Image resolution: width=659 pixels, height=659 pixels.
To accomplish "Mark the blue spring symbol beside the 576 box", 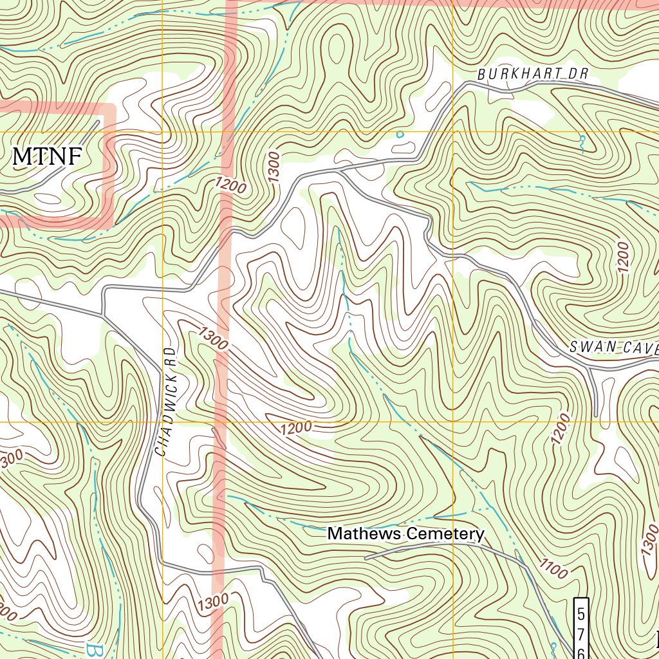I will click(x=553, y=645).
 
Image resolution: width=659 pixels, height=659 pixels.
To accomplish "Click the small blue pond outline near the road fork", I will click(x=400, y=135).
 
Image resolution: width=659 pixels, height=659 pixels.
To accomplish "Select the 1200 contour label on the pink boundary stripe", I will click(x=230, y=186).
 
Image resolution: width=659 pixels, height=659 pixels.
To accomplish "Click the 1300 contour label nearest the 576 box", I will click(x=647, y=546).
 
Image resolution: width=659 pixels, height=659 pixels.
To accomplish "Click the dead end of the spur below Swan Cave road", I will click(x=596, y=415).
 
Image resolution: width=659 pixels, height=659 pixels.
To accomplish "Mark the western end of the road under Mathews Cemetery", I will click(x=366, y=558).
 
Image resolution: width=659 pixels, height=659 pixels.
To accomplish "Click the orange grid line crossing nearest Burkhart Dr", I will click(x=454, y=132).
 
